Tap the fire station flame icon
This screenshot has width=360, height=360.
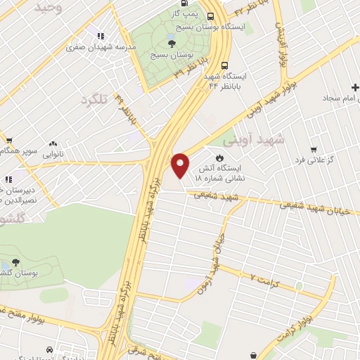pyautogui.click(x=219, y=157)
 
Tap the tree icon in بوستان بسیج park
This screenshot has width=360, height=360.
pyautogui.click(x=172, y=44)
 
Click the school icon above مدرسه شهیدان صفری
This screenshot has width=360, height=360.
pyautogui.click(x=101, y=35)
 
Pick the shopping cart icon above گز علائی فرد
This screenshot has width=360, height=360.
pyautogui.click(x=313, y=150)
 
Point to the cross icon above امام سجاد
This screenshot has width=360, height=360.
pyautogui.click(x=347, y=86)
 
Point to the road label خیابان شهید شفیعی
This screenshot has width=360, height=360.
pyautogui.click(x=310, y=205)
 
